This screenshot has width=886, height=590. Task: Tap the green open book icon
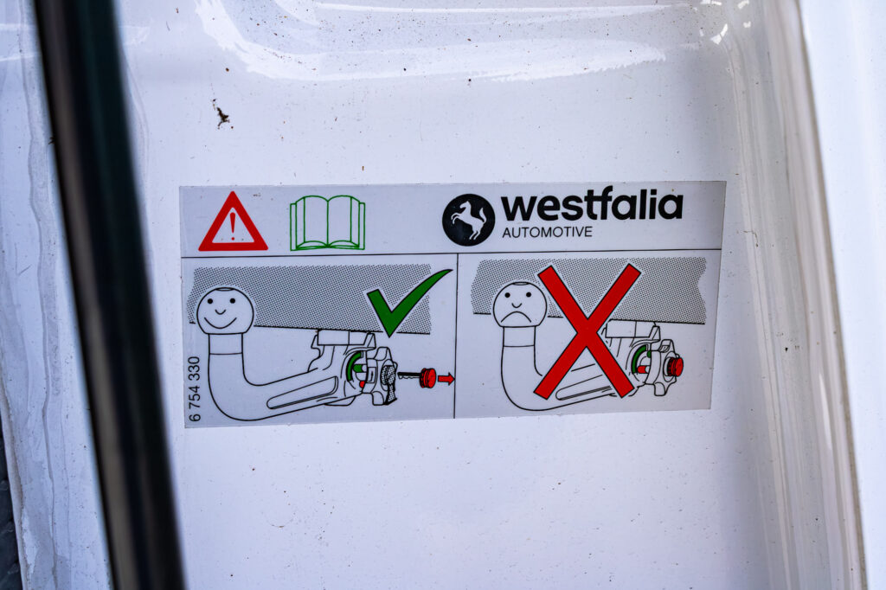(x=327, y=222)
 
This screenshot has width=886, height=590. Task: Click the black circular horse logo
(x=468, y=220)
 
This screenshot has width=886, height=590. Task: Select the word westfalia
(x=592, y=206)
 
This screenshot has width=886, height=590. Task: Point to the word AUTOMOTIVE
(x=547, y=232)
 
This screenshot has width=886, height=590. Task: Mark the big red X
(x=587, y=330)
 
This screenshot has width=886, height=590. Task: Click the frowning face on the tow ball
(x=519, y=305)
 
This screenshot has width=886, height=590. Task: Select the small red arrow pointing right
(x=446, y=378)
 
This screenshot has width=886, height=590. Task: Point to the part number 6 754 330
(x=194, y=388)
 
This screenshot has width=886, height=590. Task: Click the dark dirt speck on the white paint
(x=221, y=116)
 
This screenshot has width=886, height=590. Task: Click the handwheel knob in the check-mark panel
(x=381, y=375)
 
